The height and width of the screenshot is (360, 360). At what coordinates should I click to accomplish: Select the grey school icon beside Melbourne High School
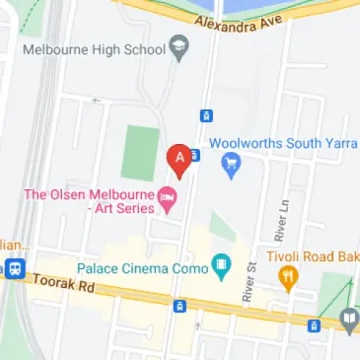pyautogui.click(x=179, y=46)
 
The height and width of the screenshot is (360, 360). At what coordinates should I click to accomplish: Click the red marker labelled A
pyautogui.click(x=179, y=158)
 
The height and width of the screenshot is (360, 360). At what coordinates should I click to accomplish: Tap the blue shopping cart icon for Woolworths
pyautogui.click(x=231, y=165)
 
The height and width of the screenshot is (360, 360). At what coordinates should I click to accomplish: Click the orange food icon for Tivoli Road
pyautogui.click(x=288, y=275)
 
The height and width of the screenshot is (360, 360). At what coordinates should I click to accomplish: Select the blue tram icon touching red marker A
pyautogui.click(x=194, y=155)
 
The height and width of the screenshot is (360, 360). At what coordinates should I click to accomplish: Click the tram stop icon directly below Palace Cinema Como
pyautogui.click(x=179, y=306)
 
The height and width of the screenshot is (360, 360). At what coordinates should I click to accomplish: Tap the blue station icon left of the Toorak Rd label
pyautogui.click(x=15, y=269)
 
